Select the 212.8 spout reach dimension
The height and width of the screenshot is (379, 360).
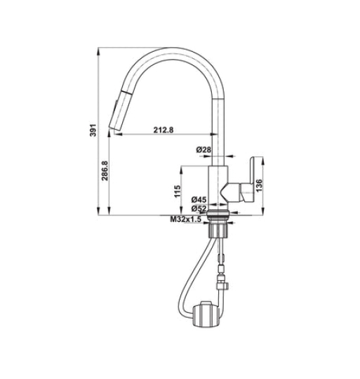161,128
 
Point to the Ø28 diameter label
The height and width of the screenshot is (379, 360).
204,149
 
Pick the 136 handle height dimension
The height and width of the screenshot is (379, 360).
259,185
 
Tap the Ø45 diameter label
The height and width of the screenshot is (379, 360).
199,199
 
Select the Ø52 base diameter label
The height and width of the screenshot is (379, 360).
199,208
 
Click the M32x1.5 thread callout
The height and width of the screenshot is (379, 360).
185,220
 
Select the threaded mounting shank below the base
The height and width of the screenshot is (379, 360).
220,228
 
